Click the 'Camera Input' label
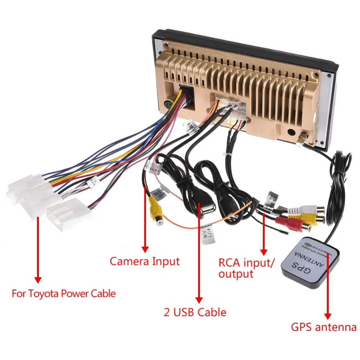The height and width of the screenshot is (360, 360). (144, 261)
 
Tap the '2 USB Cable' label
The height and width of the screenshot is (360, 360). (195, 312)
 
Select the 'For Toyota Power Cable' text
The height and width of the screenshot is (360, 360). (64, 293)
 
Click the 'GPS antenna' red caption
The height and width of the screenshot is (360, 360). (324, 328)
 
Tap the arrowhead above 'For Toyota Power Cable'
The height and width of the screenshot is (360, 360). (37, 279)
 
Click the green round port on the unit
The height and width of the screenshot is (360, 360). (168, 105)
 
